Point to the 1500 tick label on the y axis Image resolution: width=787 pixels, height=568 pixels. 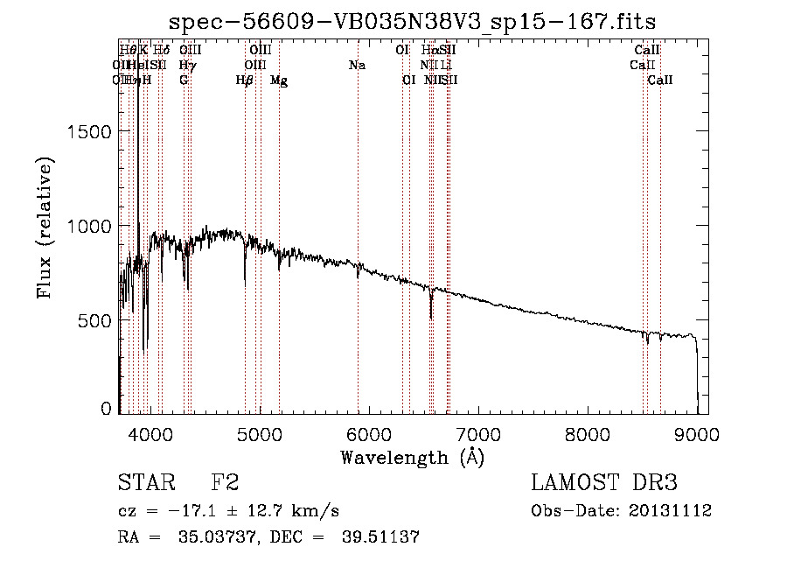(x=91, y=131)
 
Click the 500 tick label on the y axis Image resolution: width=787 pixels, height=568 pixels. (x=96, y=320)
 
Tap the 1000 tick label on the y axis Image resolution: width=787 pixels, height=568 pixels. (x=91, y=226)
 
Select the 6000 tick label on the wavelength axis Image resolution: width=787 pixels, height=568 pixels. (x=367, y=433)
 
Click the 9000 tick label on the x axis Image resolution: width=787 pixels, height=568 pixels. (x=697, y=433)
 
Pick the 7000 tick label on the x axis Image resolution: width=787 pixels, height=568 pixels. (x=477, y=433)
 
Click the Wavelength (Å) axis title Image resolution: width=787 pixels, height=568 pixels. (x=412, y=457)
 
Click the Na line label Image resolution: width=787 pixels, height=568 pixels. (x=357, y=65)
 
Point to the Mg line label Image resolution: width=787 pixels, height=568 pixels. (x=279, y=81)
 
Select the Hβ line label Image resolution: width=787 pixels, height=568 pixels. (x=245, y=81)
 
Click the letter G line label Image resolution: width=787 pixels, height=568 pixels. (x=184, y=80)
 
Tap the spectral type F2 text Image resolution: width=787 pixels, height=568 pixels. (x=225, y=483)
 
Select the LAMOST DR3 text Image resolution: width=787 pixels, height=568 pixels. (x=603, y=483)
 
